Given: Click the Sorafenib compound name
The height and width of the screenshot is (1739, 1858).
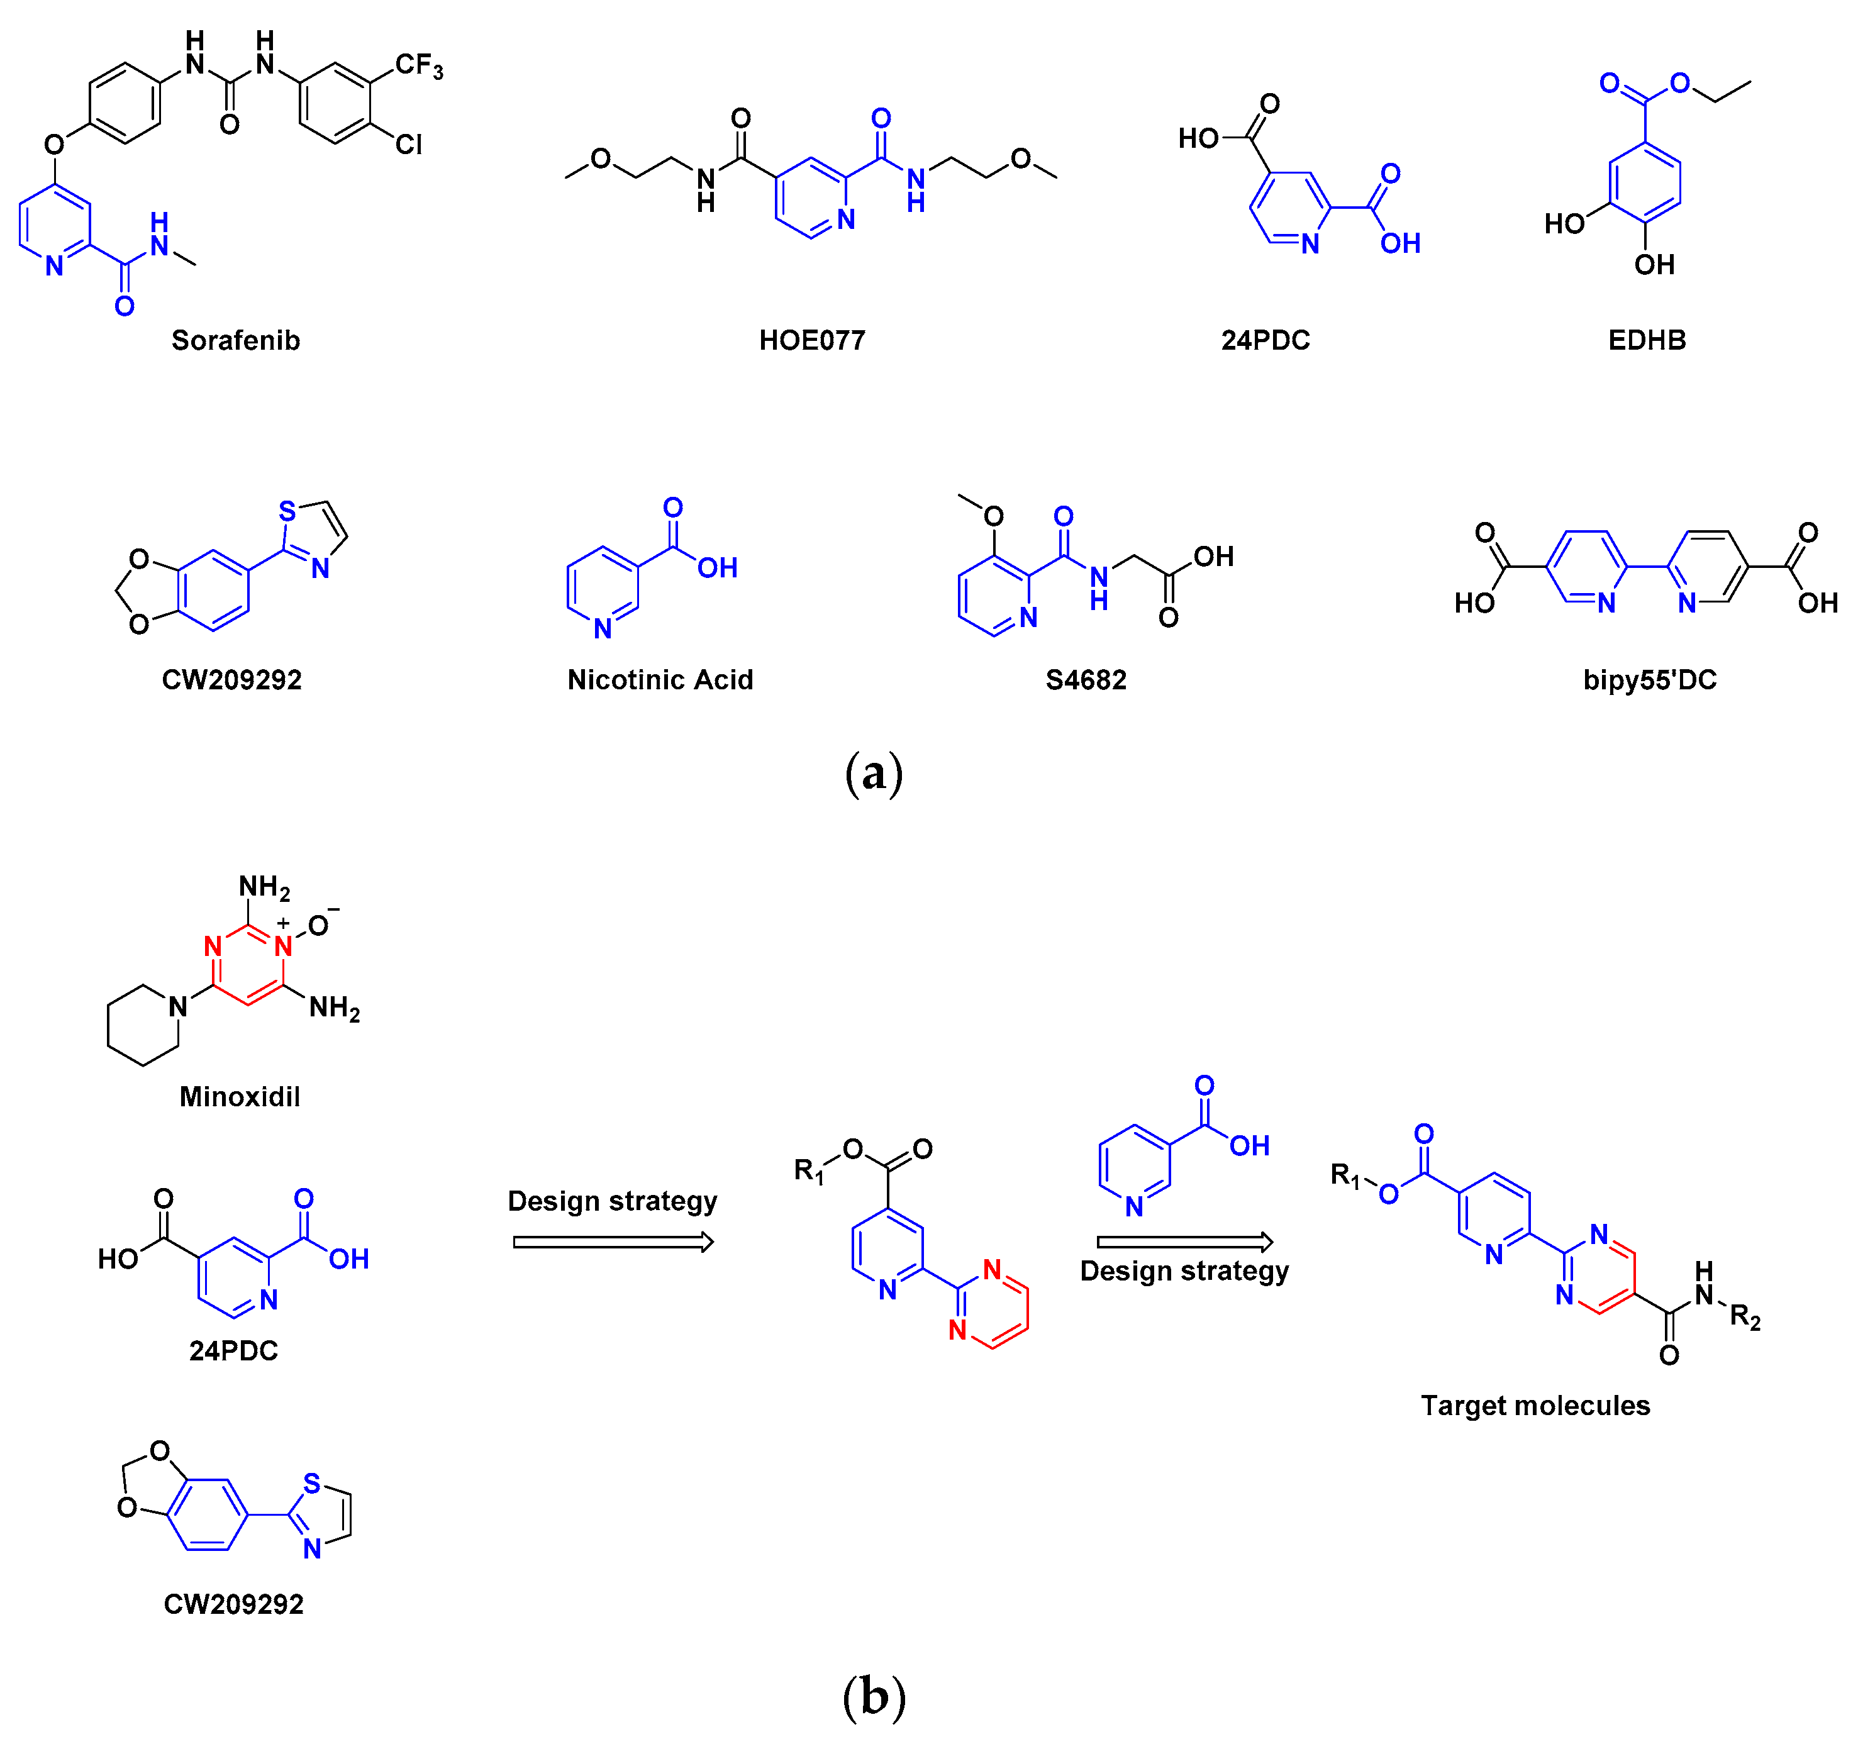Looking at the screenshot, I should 235,340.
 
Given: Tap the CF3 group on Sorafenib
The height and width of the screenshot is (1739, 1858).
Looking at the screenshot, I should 418,65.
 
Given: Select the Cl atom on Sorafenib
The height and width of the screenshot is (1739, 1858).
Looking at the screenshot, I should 408,145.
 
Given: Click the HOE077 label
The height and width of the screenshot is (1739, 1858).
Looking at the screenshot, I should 811,340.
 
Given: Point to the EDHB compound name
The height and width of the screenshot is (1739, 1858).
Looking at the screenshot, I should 1647,340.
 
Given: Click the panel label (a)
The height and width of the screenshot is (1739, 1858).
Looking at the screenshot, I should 873,774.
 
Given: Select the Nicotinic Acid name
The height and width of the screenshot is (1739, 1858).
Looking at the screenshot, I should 660,679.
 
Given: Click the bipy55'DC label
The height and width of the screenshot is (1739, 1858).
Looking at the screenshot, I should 1650,679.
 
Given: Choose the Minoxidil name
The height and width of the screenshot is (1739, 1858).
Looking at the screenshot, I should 239,1096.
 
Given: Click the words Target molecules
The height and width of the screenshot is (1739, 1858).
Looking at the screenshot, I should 1535,1406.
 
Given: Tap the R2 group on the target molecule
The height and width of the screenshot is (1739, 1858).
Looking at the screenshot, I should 1744,1316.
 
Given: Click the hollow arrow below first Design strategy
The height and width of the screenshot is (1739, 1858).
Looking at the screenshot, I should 613,1242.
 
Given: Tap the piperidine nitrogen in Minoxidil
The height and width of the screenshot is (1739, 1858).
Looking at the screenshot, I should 177,1006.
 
